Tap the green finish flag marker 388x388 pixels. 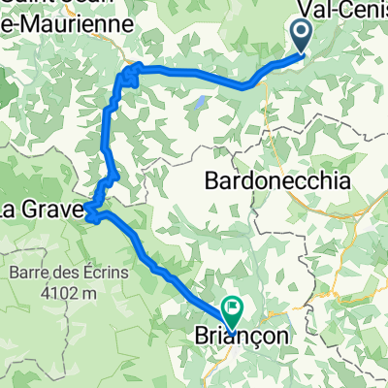tap(233, 310)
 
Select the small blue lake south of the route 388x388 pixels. tap(200, 99)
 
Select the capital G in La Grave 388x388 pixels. tap(43, 207)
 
